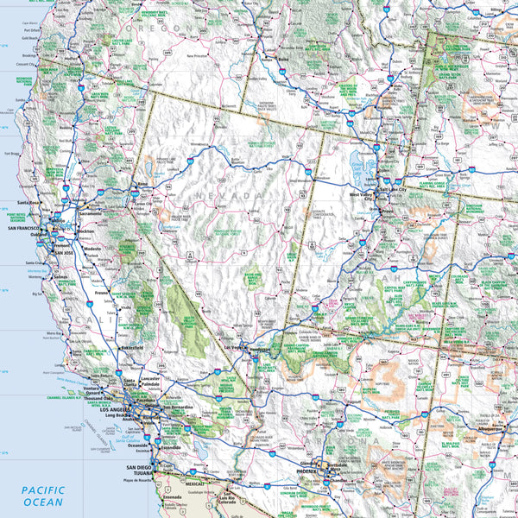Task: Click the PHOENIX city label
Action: (x=306, y=472)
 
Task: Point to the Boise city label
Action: (x=282, y=60)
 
